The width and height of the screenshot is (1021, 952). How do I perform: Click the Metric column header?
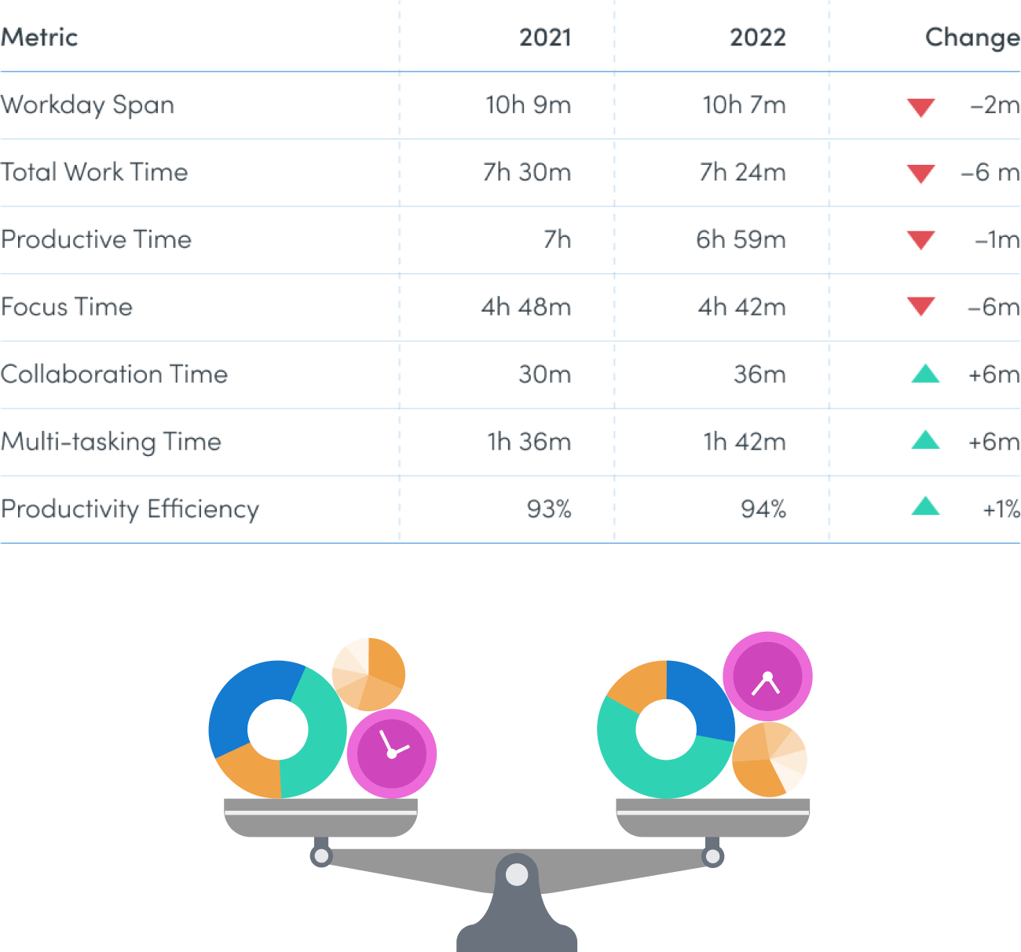[x=39, y=37]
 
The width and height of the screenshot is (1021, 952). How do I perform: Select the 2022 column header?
[x=757, y=37]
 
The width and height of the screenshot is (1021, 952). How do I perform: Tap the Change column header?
[x=972, y=37]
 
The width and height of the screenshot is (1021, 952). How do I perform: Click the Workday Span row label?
[x=87, y=105]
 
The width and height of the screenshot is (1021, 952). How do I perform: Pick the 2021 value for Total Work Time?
[x=527, y=172]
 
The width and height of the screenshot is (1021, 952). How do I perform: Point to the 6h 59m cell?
[x=740, y=239]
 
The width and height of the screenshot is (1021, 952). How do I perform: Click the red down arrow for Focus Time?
[x=920, y=306]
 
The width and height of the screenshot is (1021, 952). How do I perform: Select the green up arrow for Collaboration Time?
[x=925, y=374]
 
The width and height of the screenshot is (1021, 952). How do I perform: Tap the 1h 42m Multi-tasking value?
[x=744, y=442]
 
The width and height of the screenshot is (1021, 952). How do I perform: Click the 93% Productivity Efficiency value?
[x=549, y=509]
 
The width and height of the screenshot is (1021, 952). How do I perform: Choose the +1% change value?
[x=1001, y=509]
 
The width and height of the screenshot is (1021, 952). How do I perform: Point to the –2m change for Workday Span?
[x=994, y=105]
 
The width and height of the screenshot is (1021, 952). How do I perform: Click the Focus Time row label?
[x=67, y=307]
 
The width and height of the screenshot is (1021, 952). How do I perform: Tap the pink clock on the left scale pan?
[x=391, y=753]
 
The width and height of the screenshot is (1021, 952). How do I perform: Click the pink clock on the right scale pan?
[x=767, y=677]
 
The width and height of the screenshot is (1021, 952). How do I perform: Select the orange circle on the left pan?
[x=368, y=674]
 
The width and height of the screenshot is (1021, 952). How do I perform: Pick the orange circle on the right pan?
[x=769, y=760]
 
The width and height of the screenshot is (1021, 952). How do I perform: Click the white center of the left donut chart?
[x=278, y=730]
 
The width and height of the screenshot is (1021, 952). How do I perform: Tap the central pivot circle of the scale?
[x=517, y=874]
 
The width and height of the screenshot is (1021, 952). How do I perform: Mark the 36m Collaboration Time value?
[x=759, y=374]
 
